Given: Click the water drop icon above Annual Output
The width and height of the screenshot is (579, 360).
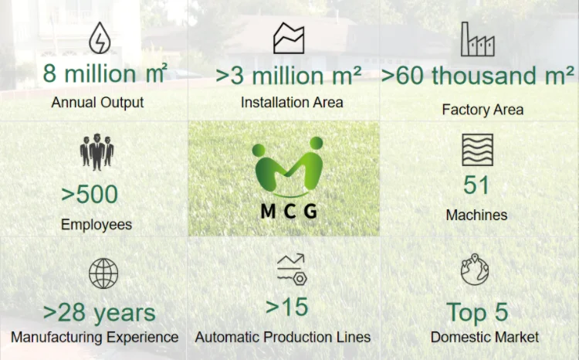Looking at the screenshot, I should tap(98, 39).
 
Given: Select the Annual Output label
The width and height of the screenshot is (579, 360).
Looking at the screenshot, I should tap(97, 102).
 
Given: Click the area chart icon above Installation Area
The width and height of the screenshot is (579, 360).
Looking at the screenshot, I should tap(289, 39).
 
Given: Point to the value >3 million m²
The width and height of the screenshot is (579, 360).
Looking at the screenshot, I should tap(288, 76).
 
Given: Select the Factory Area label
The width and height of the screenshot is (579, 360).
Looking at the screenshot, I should tap(482, 110).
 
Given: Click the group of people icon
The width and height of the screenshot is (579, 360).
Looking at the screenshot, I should tap(96, 151).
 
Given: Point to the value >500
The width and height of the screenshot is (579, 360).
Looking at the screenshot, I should tap(90, 194).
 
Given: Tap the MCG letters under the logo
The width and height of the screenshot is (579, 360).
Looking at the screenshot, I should tap(288, 211).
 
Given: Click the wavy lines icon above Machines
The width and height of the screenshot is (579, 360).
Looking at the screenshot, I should tap(477, 150).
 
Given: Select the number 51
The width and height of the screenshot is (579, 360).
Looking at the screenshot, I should tap(477, 185).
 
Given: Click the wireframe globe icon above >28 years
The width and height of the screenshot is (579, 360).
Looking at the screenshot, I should tap(103, 273).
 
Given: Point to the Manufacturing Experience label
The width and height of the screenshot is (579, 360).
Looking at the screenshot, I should tap(95, 338).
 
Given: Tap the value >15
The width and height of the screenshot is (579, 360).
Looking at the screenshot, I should tap(286, 307).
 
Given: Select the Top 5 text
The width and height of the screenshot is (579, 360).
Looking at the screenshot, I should tap(477, 312).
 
